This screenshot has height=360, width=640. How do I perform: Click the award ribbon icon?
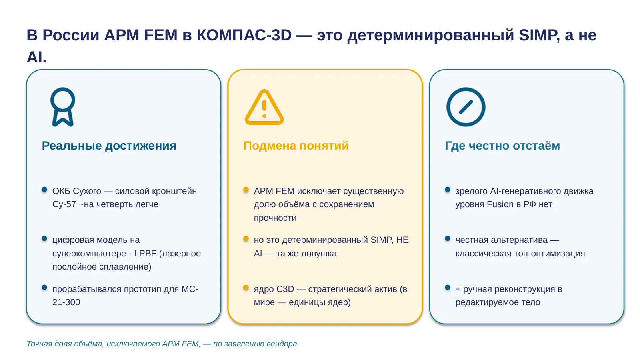tap(63, 107)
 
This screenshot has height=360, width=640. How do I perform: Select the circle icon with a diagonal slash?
tap(466, 107)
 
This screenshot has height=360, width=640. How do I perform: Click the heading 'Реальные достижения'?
tap(109, 146)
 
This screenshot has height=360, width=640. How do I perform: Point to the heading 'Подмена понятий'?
tap(296, 146)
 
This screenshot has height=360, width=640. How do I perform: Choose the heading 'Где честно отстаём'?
tap(502, 146)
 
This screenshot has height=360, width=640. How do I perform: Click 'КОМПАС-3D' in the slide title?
tap(244, 35)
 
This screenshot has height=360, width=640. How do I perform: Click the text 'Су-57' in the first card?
tap(64, 204)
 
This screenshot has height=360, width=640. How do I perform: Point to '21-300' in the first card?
tap(66, 302)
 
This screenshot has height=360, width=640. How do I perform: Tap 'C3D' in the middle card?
tap(285, 289)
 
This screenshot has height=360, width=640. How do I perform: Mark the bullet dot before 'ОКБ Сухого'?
tap(44, 190)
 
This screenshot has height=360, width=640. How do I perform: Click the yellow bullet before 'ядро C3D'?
tap(246, 288)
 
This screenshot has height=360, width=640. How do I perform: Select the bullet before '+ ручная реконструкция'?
tap(448, 288)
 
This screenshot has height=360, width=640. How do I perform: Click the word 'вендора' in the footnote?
tap(282, 344)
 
